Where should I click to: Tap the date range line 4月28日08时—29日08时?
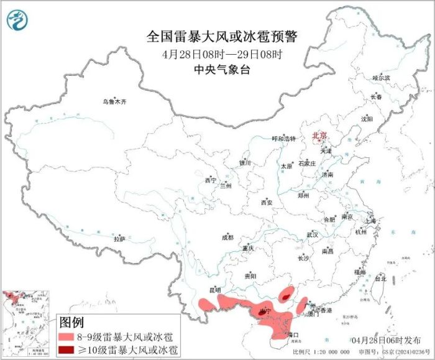click(x=222, y=54)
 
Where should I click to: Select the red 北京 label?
click(x=319, y=134)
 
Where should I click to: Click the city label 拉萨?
click(x=119, y=239)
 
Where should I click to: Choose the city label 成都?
click(x=227, y=237)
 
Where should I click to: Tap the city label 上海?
click(x=370, y=221)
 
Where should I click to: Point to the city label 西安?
click(x=267, y=203)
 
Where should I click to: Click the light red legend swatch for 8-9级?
click(x=65, y=337)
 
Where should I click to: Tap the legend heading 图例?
click(x=71, y=323)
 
